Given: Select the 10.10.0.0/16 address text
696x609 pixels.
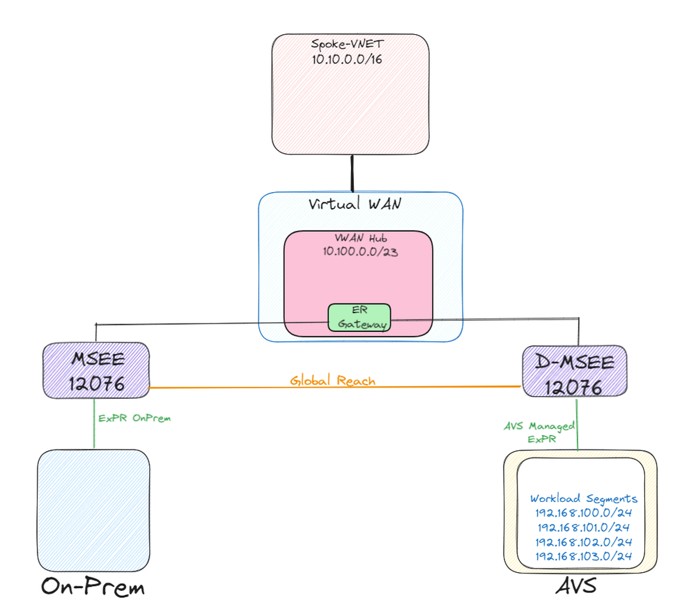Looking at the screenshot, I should [348, 59].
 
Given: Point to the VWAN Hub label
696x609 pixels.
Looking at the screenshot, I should [357, 238].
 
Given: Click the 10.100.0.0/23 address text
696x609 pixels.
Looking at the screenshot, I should [357, 251].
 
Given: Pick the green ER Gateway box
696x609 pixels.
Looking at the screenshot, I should [359, 317].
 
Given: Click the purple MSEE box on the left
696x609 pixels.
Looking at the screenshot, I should [96, 370].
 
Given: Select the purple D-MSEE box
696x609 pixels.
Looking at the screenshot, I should [574, 372].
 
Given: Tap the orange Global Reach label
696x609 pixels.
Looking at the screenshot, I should [332, 381].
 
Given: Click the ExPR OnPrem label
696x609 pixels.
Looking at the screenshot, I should [134, 418].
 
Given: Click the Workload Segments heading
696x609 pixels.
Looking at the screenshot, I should [584, 498].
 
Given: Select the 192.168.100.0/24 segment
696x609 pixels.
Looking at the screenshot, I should [584, 513].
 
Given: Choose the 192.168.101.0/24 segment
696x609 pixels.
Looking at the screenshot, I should [584, 527].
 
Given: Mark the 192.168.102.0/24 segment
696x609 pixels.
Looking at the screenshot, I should [584, 541].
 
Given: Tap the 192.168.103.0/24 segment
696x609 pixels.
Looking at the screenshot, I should [584, 556].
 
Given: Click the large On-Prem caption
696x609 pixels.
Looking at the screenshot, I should [93, 587].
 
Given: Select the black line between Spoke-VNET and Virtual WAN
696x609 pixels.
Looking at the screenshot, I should [353, 173].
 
